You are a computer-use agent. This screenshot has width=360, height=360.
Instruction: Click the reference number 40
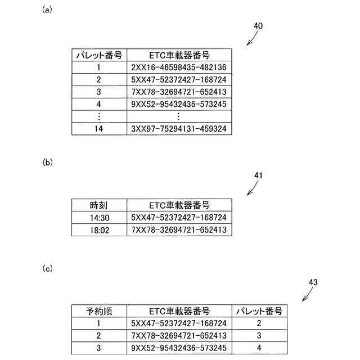click(258, 26)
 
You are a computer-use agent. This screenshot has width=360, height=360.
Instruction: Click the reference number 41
click(259, 175)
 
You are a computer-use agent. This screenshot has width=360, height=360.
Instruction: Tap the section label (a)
click(47, 10)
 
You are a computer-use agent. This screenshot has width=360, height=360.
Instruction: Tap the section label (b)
click(47, 163)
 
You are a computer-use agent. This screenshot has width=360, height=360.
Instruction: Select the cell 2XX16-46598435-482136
click(178, 67)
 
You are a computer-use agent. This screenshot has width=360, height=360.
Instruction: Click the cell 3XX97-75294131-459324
click(178, 129)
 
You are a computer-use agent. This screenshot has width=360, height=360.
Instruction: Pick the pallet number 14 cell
click(98, 129)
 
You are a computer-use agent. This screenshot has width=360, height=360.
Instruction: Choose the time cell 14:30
click(98, 217)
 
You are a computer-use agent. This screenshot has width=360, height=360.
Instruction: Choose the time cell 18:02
click(98, 229)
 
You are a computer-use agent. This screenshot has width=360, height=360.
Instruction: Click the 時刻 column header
click(98, 204)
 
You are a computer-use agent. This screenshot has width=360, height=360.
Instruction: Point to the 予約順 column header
click(98, 310)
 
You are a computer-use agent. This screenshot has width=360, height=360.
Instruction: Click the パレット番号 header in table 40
click(98, 55)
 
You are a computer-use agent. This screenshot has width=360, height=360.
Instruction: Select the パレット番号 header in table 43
click(259, 310)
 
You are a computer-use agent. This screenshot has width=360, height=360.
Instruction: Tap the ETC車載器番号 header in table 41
click(178, 204)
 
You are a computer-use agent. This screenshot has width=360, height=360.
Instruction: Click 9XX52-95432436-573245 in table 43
click(178, 348)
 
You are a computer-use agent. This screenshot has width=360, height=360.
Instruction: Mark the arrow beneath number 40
click(251, 38)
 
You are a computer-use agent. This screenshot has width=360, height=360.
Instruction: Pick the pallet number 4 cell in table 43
click(259, 348)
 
